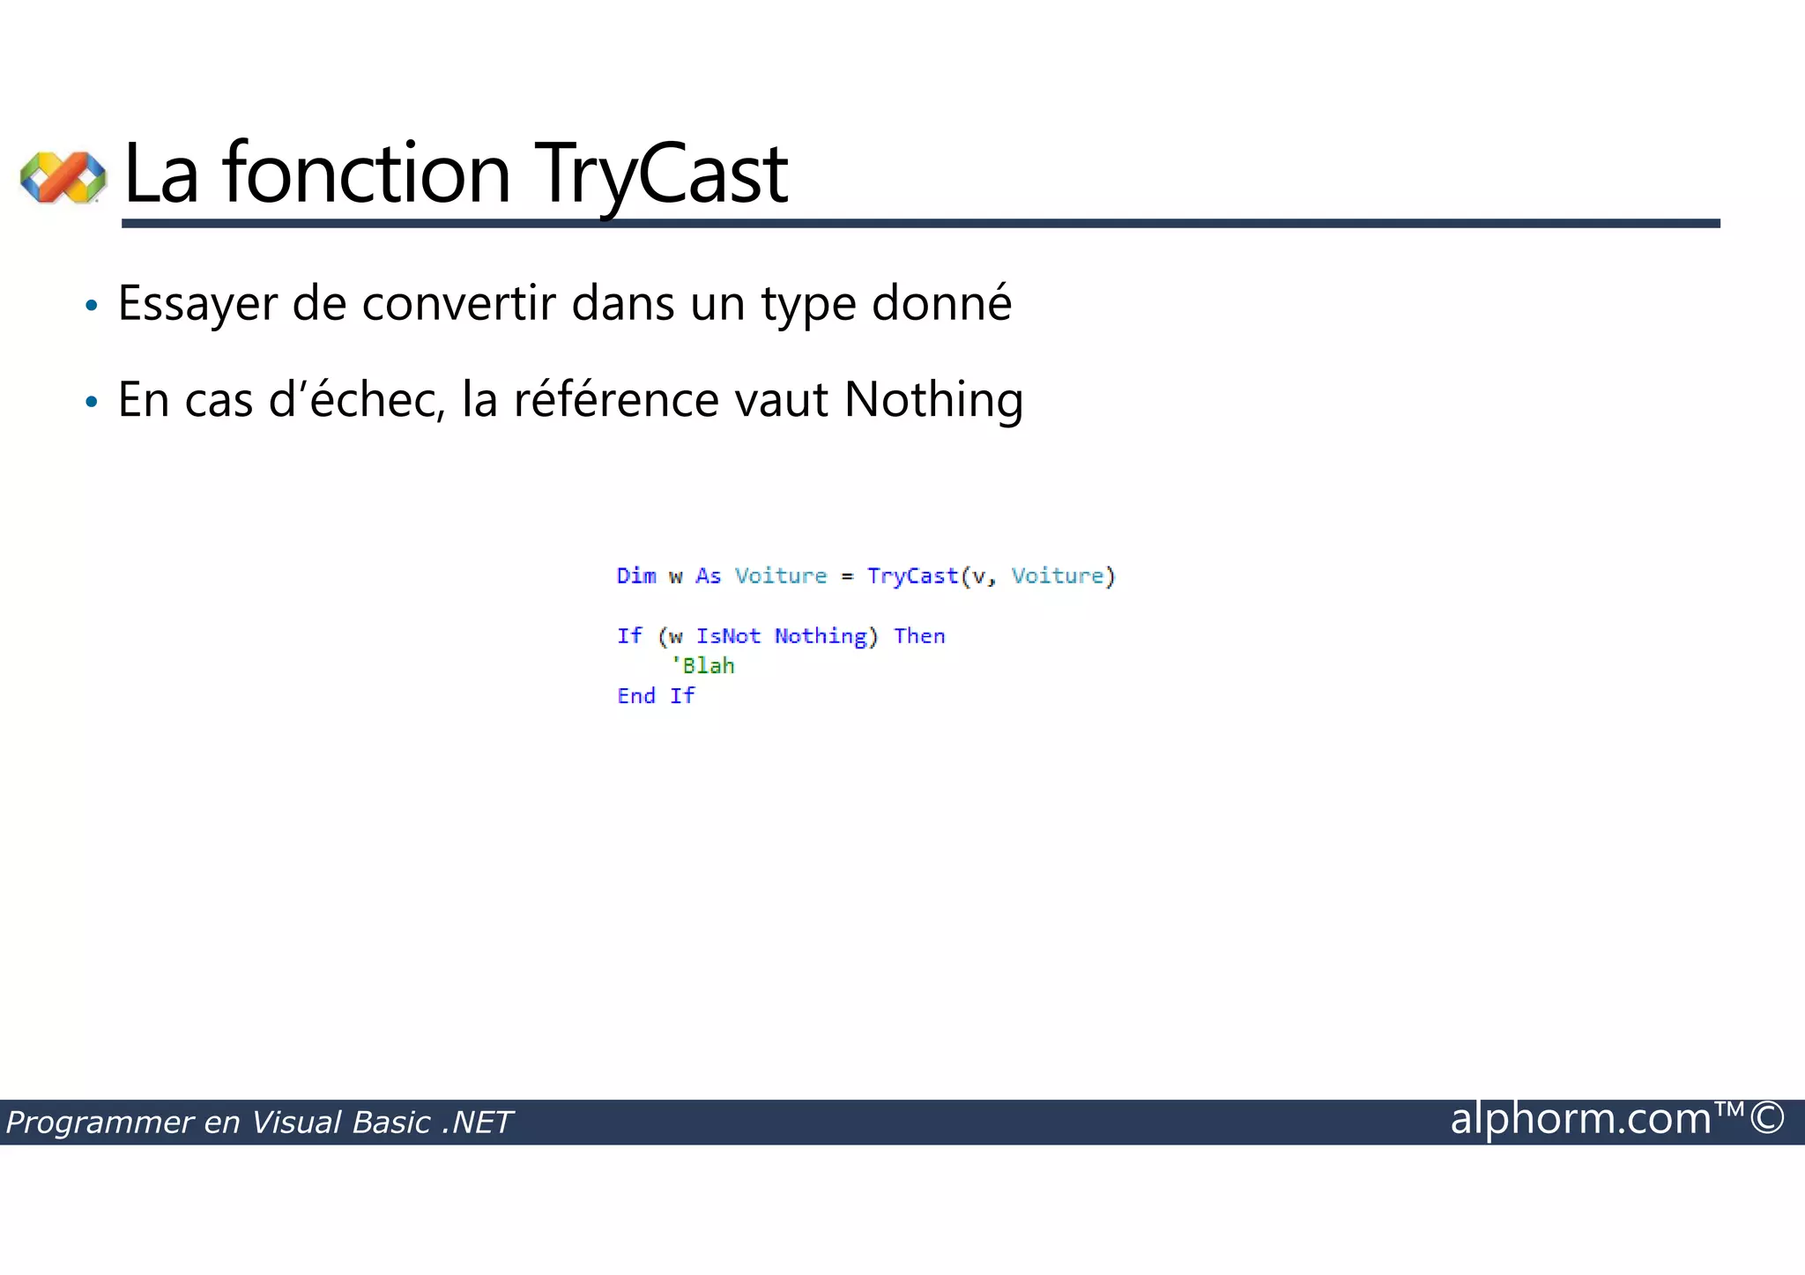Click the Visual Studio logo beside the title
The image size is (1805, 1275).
[63, 177]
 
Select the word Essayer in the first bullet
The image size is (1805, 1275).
[197, 305]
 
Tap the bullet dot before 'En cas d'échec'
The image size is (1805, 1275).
[91, 403]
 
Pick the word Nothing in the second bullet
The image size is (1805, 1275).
[933, 401]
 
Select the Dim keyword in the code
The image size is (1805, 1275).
[636, 576]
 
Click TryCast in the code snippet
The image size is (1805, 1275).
[912, 576]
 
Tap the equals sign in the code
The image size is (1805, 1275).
[847, 577]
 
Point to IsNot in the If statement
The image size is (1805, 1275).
[728, 636]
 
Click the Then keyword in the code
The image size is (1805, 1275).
[919, 636]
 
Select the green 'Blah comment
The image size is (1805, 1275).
[702, 666]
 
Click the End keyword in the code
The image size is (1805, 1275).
[636, 696]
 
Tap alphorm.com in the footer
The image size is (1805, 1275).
[1580, 1119]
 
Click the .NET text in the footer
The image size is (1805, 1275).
[477, 1123]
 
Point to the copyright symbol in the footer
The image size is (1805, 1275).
[1767, 1118]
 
